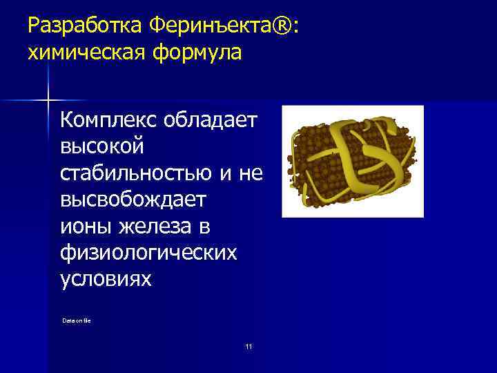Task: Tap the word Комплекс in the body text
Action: pos(109,121)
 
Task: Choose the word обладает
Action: pos(211,121)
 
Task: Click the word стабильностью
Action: pos(136,173)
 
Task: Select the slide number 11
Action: pos(248,346)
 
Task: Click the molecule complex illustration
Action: pos(352,161)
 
